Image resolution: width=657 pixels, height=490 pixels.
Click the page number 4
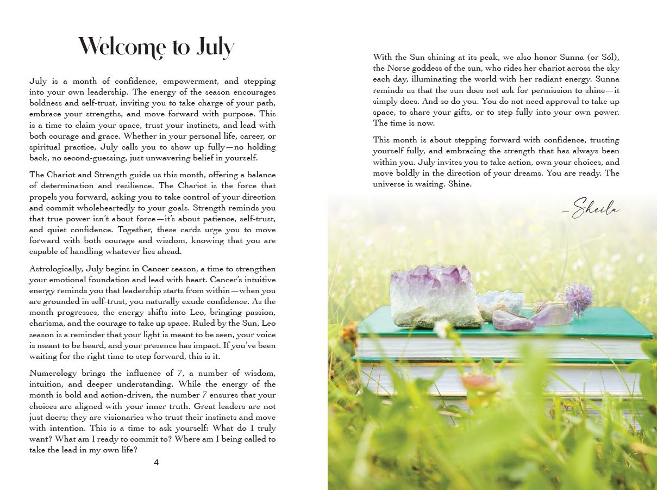[157, 462]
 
